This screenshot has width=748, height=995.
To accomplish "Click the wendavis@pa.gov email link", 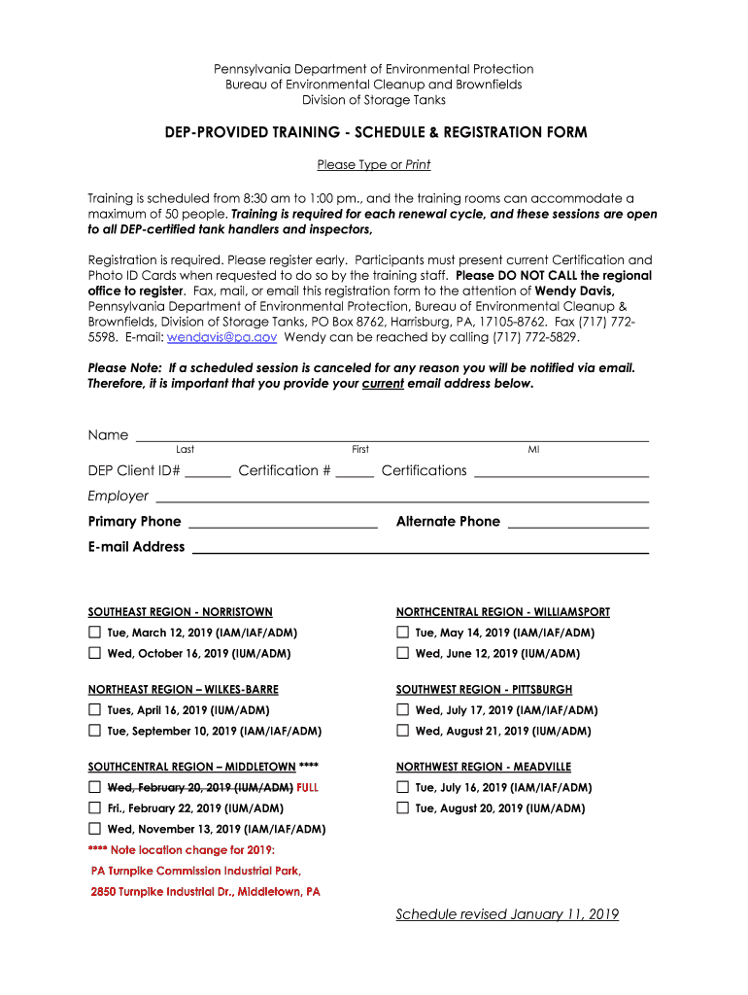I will (x=222, y=336).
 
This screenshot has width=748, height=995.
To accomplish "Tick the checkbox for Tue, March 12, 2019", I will (x=94, y=633).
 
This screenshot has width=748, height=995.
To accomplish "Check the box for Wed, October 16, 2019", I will (x=94, y=653).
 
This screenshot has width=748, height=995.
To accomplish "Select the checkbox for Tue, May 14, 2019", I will (x=402, y=633).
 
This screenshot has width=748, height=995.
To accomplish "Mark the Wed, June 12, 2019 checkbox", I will (x=402, y=653).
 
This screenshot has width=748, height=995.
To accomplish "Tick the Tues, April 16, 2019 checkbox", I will (x=94, y=710).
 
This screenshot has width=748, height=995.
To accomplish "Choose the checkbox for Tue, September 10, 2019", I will (x=94, y=731).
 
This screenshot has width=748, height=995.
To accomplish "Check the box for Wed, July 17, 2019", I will (x=402, y=710).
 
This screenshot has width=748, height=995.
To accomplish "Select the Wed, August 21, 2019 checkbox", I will (x=402, y=731).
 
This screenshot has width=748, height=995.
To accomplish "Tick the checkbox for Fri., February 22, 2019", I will (x=94, y=807).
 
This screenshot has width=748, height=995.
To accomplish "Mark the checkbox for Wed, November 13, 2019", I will (x=94, y=829).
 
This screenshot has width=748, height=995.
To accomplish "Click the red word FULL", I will (x=308, y=788).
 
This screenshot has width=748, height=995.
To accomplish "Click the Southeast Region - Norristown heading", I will (x=180, y=612).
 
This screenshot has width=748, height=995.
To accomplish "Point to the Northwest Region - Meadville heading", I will (x=483, y=767).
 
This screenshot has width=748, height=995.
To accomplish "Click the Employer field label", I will (x=118, y=497).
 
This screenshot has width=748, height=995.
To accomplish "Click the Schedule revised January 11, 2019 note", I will (x=507, y=914).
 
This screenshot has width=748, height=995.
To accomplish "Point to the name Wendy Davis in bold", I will (x=575, y=291).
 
